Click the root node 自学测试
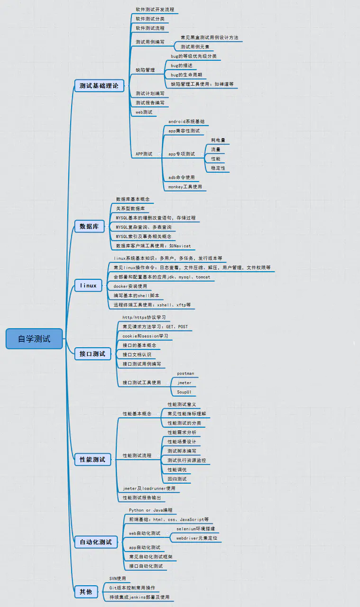(x=34, y=339)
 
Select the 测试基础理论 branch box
(x=99, y=86)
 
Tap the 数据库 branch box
(x=89, y=227)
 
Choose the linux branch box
(x=88, y=285)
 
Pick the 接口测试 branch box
(x=92, y=353)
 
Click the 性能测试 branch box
(x=92, y=459)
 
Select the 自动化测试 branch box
(x=96, y=542)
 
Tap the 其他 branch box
(x=86, y=591)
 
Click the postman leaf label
(x=185, y=374)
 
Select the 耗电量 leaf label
(x=218, y=140)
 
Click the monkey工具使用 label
(x=185, y=187)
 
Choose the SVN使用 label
(x=117, y=579)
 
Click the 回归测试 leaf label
(x=177, y=479)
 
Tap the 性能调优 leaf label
(x=177, y=469)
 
